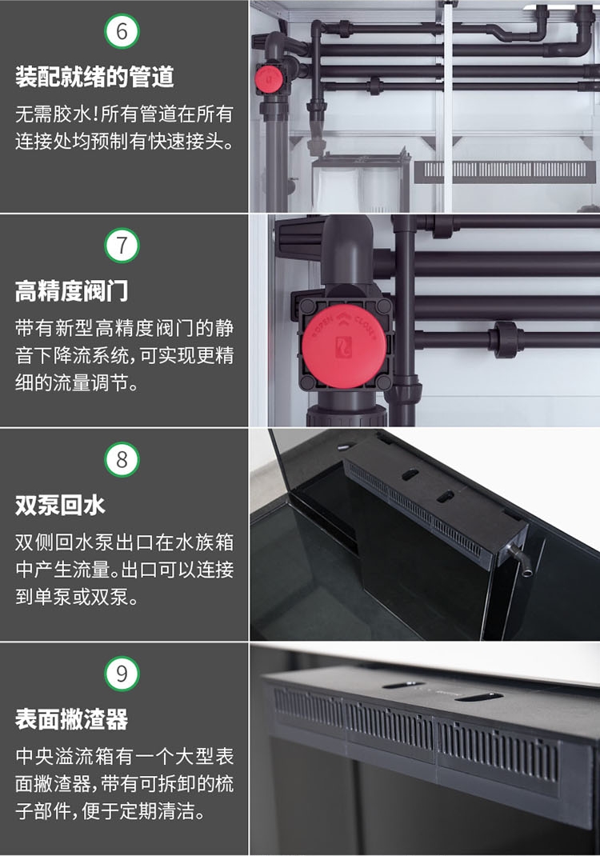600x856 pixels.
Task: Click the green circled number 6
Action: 122,32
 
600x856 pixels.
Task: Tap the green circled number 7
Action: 122,246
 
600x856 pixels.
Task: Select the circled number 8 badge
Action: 122,460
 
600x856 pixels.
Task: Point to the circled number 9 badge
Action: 122,674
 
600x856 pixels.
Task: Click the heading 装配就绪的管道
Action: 94,78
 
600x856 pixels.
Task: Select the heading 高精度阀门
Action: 71,291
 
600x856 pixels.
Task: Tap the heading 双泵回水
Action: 60,506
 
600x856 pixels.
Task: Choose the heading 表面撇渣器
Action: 71,719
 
